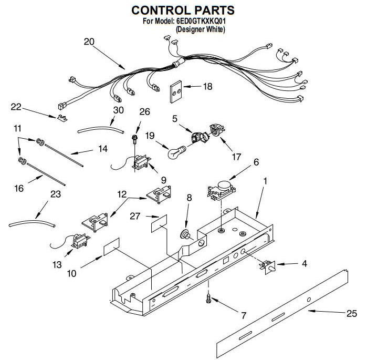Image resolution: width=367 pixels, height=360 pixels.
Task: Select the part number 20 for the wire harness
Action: point(89,42)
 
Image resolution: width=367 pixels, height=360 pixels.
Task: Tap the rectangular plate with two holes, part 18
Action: point(176,92)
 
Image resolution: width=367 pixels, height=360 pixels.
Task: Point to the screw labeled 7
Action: point(208,299)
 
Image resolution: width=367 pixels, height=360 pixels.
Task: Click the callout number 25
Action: point(352,313)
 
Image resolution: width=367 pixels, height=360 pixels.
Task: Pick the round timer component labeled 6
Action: point(222,190)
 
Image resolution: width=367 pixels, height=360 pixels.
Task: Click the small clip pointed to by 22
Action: point(62,118)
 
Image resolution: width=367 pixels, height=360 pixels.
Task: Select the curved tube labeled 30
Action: point(101,129)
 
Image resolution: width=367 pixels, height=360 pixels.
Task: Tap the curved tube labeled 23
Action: point(32,223)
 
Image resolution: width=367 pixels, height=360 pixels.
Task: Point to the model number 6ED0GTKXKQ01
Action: point(201,21)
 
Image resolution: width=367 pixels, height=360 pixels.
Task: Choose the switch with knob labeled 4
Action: point(267,267)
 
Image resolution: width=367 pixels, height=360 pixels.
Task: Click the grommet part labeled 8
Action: point(185,234)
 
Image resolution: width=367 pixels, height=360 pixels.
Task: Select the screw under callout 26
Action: point(135,139)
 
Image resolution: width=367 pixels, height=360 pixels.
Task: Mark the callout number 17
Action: point(236,157)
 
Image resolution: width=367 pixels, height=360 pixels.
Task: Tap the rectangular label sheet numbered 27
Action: point(159,223)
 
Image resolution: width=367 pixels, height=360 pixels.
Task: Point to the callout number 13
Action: point(57,265)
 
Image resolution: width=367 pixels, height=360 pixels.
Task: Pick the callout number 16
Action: point(19,188)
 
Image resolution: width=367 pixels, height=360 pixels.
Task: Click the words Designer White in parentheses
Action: point(201,29)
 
